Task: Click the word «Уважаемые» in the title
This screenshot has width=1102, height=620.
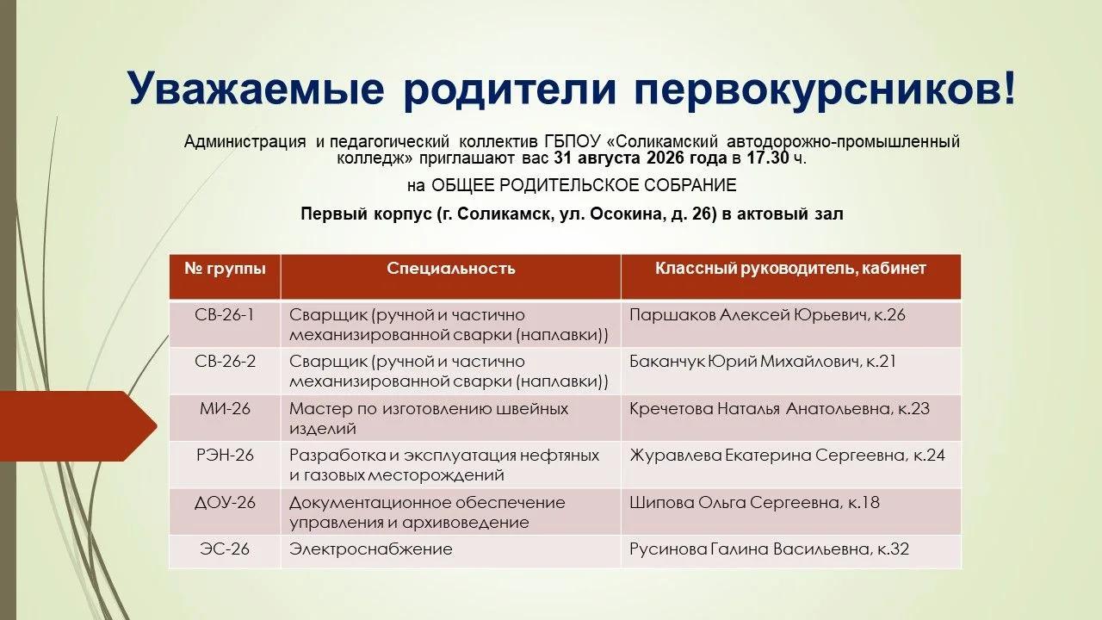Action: pyautogui.click(x=256, y=88)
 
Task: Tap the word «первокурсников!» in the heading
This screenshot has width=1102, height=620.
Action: pyautogui.click(x=826, y=88)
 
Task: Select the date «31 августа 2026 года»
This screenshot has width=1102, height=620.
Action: pyautogui.click(x=640, y=158)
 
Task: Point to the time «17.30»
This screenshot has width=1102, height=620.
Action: pyautogui.click(x=767, y=158)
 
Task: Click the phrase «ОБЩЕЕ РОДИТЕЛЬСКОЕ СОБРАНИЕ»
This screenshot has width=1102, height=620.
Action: pyautogui.click(x=584, y=185)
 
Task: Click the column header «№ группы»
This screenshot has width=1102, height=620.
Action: pyautogui.click(x=225, y=269)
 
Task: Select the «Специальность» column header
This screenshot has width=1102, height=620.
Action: pyautogui.click(x=450, y=269)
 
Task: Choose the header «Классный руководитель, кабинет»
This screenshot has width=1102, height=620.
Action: pyautogui.click(x=790, y=269)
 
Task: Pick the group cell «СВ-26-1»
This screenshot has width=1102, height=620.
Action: pyautogui.click(x=225, y=315)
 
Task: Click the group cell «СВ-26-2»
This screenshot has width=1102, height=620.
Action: pyautogui.click(x=225, y=362)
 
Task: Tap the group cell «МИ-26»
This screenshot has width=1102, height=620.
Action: pyautogui.click(x=225, y=409)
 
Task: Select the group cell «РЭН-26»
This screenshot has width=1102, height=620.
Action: pyautogui.click(x=225, y=456)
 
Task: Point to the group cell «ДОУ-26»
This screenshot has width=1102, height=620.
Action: pyautogui.click(x=225, y=503)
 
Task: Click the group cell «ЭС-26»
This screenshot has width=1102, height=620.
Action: pyautogui.click(x=225, y=549)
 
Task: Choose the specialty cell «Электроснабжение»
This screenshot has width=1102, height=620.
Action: pyautogui.click(x=370, y=549)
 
